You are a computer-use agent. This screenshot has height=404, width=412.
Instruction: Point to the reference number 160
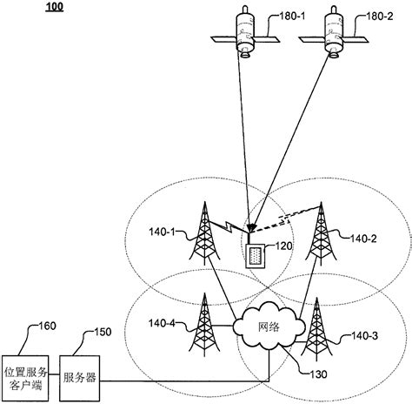tap(41, 327)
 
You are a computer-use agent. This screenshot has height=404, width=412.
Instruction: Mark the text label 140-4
tap(162, 324)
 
